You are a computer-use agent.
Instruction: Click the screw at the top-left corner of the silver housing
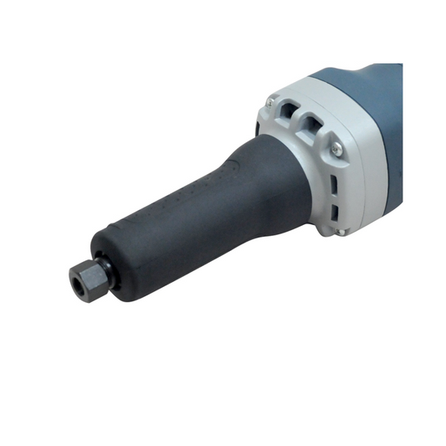pos(269,104)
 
